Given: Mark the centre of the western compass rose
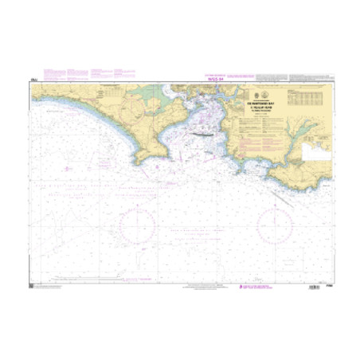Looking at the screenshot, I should click(136, 221).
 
